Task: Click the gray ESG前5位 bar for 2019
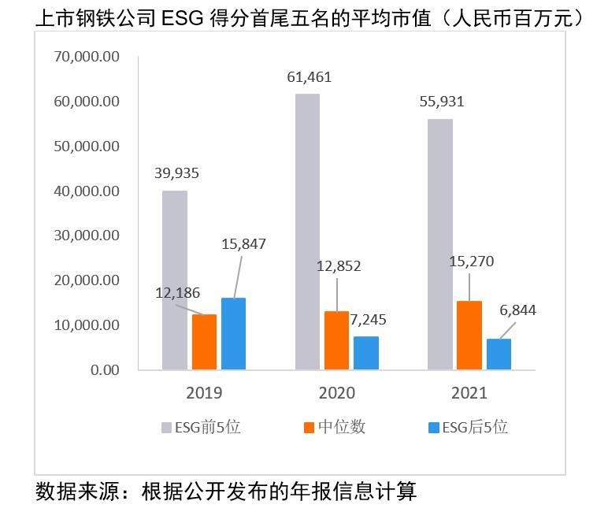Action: (174, 280)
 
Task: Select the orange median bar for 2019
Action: (204, 342)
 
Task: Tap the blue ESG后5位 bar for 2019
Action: (233, 333)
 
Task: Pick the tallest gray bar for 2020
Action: (307, 232)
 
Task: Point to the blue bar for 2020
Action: (365, 353)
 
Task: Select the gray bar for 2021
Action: (439, 244)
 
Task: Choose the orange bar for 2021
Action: (469, 335)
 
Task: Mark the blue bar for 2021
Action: (499, 354)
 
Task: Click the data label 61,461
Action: (308, 76)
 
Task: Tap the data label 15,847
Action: (243, 244)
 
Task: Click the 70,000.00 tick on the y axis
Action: (86, 57)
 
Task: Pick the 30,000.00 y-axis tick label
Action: (86, 236)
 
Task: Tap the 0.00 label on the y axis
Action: (103, 369)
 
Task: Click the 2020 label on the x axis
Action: (336, 392)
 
